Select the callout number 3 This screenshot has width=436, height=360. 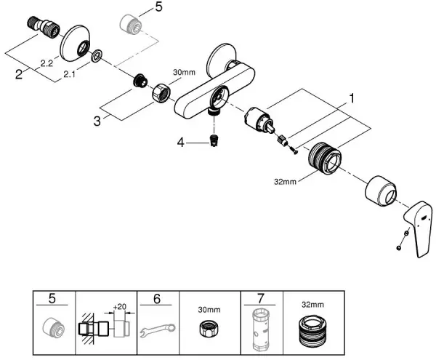[x=96, y=119]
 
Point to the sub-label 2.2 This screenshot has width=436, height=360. [x=46, y=64]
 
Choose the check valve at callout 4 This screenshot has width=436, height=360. [x=213, y=140]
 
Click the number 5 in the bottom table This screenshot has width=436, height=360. [x=52, y=298]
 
